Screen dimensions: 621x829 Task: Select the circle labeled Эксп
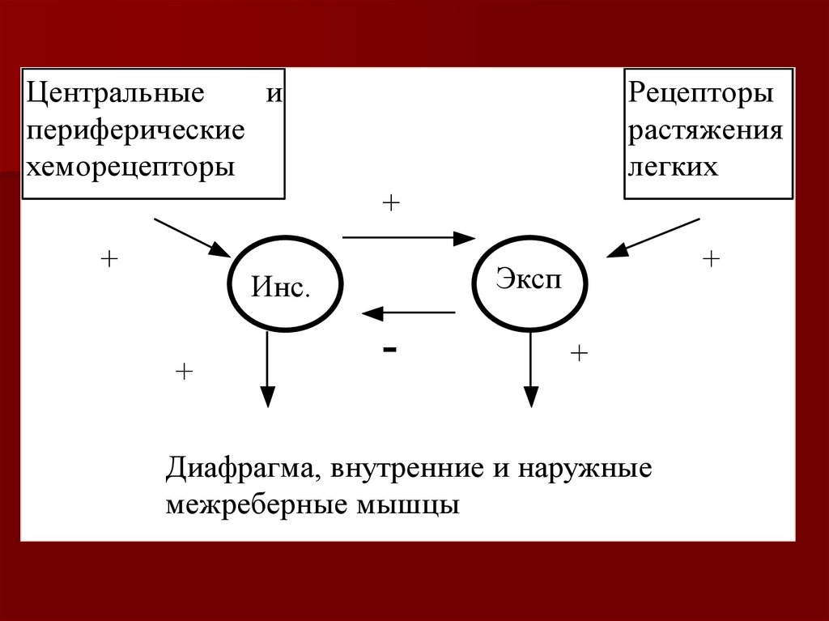[529, 283]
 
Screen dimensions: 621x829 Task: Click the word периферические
[136, 130]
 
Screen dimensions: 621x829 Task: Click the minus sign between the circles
[390, 349]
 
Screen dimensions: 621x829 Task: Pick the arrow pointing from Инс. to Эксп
[409, 238]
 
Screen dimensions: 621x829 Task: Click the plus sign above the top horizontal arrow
[391, 202]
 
